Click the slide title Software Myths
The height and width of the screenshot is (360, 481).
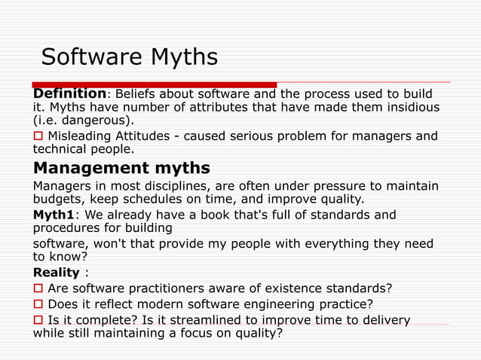129,57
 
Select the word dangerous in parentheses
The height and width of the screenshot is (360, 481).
95,120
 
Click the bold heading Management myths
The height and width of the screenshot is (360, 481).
121,166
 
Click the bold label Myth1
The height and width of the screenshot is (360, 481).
57,215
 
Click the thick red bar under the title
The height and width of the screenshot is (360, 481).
154,84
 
